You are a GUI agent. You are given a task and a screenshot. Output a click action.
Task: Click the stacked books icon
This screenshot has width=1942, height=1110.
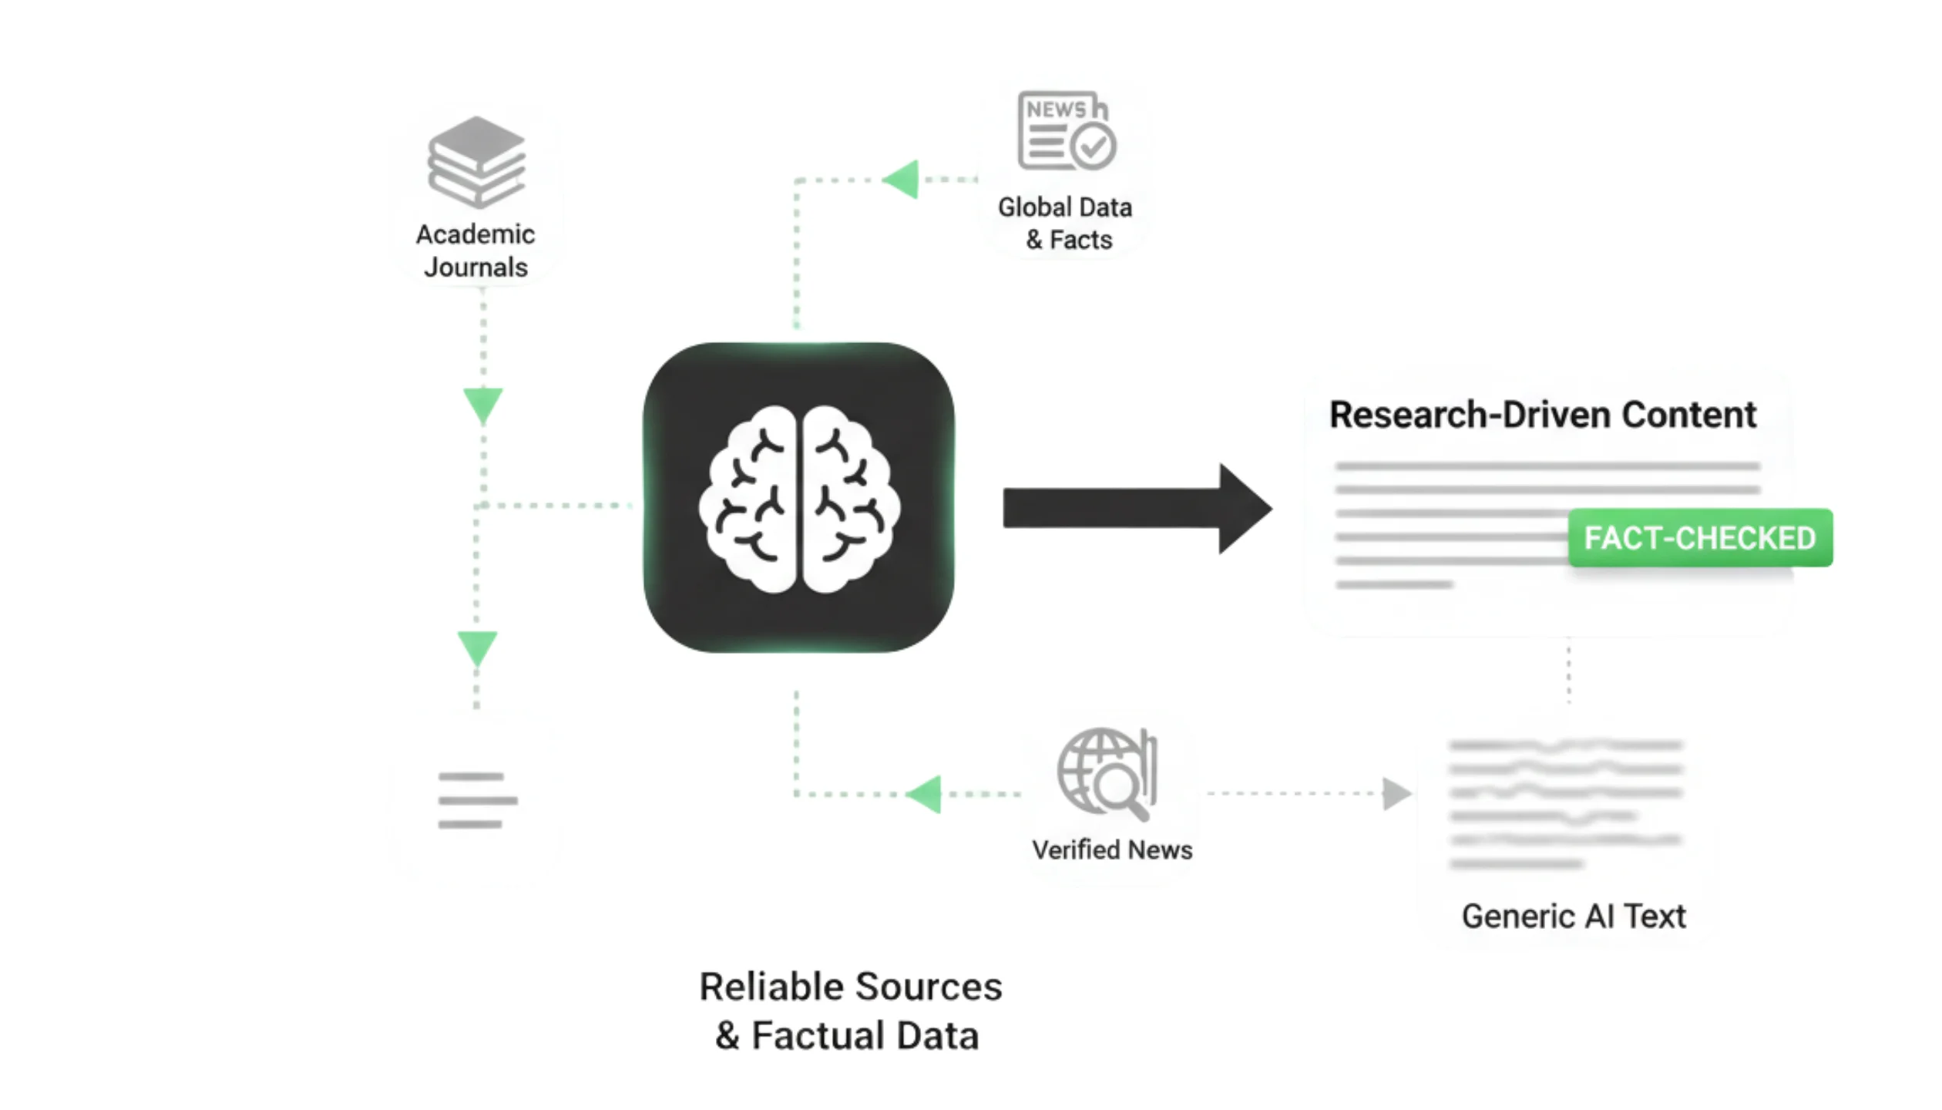[x=477, y=162]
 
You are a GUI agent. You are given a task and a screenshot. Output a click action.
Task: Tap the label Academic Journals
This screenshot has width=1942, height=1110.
[x=475, y=251]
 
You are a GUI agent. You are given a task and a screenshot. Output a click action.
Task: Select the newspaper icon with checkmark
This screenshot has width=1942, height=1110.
[x=1067, y=131]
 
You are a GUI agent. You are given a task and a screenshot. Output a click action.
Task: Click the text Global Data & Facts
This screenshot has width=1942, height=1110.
[x=1066, y=224]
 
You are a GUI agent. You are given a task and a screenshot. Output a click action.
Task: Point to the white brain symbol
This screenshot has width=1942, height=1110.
[x=798, y=499]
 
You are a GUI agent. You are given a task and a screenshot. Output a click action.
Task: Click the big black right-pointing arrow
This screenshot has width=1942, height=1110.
[x=1137, y=509]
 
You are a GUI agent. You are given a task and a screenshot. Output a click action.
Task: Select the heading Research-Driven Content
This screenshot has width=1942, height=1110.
[x=1543, y=415]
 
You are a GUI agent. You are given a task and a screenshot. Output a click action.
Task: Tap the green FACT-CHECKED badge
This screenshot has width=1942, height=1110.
[x=1700, y=538]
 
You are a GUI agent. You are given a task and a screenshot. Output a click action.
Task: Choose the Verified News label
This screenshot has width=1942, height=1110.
[x=1112, y=850]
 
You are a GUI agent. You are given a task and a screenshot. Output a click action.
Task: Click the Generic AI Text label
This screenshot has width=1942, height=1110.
[x=1574, y=917]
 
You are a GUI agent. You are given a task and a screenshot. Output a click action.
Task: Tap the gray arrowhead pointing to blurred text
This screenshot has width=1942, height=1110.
[x=1396, y=794]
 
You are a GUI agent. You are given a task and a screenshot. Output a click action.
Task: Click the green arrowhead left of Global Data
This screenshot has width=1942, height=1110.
[x=902, y=180]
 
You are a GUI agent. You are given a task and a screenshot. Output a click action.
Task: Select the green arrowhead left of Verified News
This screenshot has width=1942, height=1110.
[x=925, y=794]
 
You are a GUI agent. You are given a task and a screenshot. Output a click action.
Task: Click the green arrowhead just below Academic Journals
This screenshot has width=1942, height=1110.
[x=483, y=405]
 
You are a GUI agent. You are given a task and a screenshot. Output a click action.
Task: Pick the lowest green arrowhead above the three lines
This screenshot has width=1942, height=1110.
[x=477, y=647]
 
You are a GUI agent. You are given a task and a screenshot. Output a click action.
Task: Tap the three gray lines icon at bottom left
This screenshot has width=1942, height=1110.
[x=477, y=800]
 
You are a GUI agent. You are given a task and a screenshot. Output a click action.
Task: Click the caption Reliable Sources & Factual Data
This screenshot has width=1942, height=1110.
[x=850, y=1011]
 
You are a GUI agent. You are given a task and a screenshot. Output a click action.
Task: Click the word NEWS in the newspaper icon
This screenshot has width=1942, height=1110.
[x=1056, y=109]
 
